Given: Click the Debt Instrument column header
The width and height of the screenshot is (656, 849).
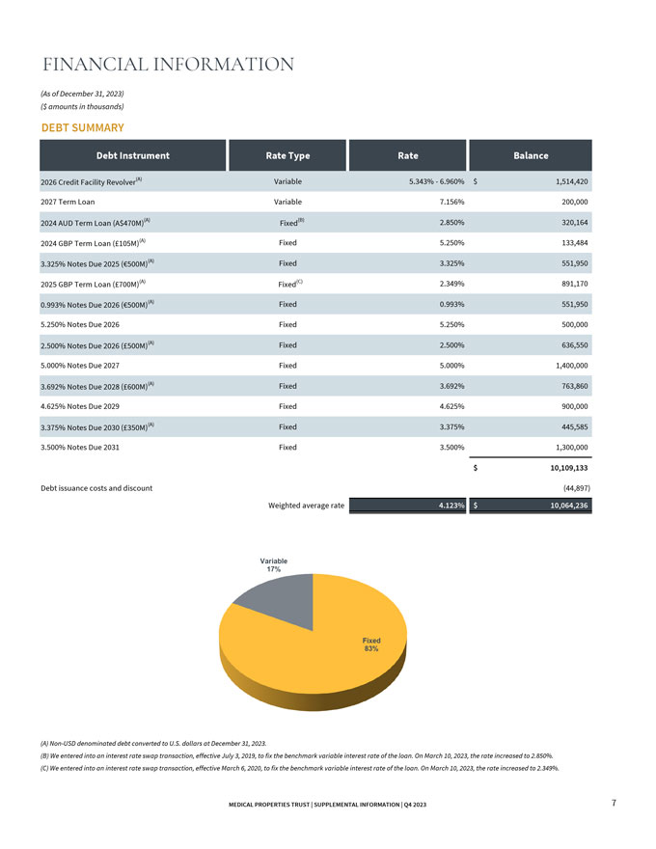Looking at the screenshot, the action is point(132,155).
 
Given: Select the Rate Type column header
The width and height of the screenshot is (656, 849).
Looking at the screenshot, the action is point(287,155).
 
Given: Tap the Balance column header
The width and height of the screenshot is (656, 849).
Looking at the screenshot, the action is point(531,155).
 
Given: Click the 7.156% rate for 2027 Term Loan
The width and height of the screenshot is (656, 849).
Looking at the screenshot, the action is point(451,202).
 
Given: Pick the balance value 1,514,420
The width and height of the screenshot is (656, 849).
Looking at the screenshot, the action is point(571,181).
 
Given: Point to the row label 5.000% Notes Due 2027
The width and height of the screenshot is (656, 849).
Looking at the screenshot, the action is point(80,366).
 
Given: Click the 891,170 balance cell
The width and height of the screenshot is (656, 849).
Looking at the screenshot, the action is point(575,284).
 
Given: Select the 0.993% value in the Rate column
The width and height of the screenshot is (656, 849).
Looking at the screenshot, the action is point(451,304).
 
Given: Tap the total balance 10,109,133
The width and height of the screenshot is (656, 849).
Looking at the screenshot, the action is point(569,468).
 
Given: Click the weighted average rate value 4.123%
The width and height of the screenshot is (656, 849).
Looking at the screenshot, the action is point(451,506).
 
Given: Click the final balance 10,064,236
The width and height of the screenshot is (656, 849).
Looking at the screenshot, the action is point(569,506).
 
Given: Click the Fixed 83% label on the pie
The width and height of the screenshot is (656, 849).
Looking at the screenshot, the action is point(371,644).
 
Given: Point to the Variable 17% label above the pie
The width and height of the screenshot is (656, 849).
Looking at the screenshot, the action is point(273,565).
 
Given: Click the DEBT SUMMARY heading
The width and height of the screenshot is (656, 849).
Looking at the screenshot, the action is point(83,127).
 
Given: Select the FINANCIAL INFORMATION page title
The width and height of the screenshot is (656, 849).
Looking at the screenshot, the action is point(168,65).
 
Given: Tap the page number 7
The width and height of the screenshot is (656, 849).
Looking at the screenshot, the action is point(614,803).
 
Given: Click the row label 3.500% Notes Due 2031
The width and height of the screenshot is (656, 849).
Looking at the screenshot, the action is point(80,448).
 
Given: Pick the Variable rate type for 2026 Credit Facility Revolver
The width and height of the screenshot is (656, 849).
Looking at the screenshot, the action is point(287,181).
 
